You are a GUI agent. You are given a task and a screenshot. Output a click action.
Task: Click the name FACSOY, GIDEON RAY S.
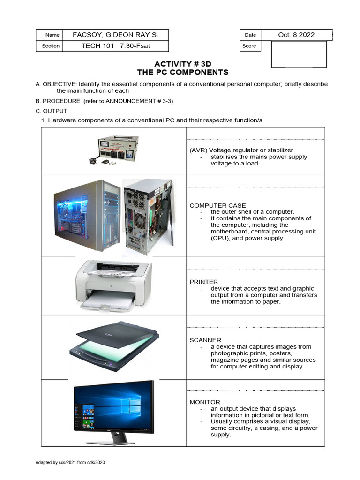(115, 35)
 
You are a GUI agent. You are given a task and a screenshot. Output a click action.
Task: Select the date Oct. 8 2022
(296, 35)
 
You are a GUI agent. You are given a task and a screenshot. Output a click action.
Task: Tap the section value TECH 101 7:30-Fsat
(116, 46)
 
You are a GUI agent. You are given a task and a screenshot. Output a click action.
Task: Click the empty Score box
(299, 54)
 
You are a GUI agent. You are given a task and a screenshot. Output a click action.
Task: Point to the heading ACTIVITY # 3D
(182, 64)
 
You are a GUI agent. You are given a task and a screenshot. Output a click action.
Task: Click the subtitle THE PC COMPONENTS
(182, 72)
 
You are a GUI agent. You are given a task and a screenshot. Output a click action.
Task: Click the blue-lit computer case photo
(87, 215)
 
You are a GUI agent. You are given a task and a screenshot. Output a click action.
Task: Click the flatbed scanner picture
(114, 347)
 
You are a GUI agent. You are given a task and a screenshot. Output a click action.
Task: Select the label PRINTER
(203, 282)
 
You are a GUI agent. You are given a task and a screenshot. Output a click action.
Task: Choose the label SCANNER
(205, 340)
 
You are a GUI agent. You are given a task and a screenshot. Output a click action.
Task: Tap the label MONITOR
(205, 402)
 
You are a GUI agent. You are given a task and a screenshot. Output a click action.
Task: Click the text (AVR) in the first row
(197, 150)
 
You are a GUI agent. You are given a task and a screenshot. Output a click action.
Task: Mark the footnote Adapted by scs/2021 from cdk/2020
(70, 463)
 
